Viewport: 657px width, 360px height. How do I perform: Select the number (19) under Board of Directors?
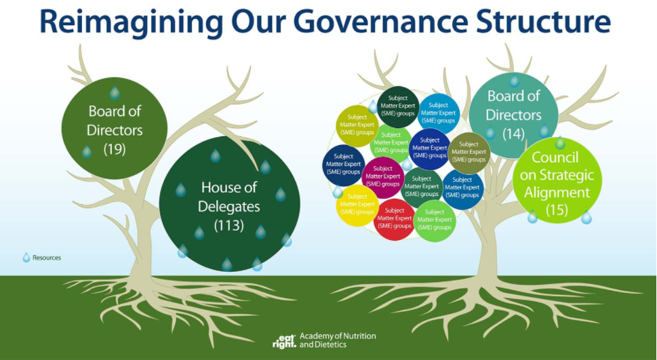pyautogui.click(x=115, y=149)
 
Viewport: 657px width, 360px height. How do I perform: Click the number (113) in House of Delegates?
pyautogui.click(x=228, y=225)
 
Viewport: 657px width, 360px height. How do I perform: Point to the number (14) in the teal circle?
pyautogui.click(x=513, y=134)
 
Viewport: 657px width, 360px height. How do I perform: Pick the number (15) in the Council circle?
pyautogui.click(x=557, y=209)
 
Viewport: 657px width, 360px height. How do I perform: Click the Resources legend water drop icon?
pyautogui.click(x=26, y=258)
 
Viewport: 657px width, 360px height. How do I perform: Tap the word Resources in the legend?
pyautogui.click(x=47, y=258)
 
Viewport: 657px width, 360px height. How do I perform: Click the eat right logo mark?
pyautogui.click(x=284, y=341)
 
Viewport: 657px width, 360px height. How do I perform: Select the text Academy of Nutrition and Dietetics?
pyautogui.click(x=338, y=340)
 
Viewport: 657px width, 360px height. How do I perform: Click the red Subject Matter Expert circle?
pyautogui.click(x=395, y=220)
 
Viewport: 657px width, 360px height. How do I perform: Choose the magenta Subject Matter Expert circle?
pyautogui.click(x=382, y=177)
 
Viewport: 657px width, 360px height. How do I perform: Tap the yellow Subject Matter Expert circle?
pyautogui.click(x=357, y=205)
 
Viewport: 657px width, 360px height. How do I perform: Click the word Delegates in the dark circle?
pyautogui.click(x=228, y=206)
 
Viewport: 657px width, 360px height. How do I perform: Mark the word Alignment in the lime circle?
pyautogui.click(x=557, y=193)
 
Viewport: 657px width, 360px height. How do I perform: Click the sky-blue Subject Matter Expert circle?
pyautogui.click(x=438, y=114)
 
